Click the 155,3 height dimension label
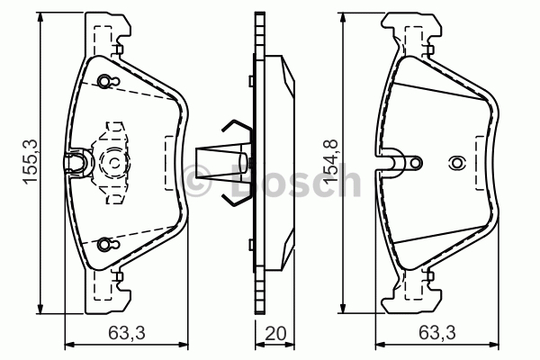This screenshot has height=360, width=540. click(31, 162)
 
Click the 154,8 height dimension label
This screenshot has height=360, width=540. click(330, 162)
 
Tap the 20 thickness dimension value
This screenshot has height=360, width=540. click(275, 334)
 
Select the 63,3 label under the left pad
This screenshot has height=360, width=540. click(127, 334)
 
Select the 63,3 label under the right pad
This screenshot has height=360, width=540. click(437, 334)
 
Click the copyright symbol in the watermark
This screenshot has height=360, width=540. click(196, 180)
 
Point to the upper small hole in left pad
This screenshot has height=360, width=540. click(104, 81)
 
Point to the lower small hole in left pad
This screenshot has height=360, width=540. click(104, 244)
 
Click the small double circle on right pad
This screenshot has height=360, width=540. click(457, 163)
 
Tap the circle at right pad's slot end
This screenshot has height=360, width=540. click(416, 163)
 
